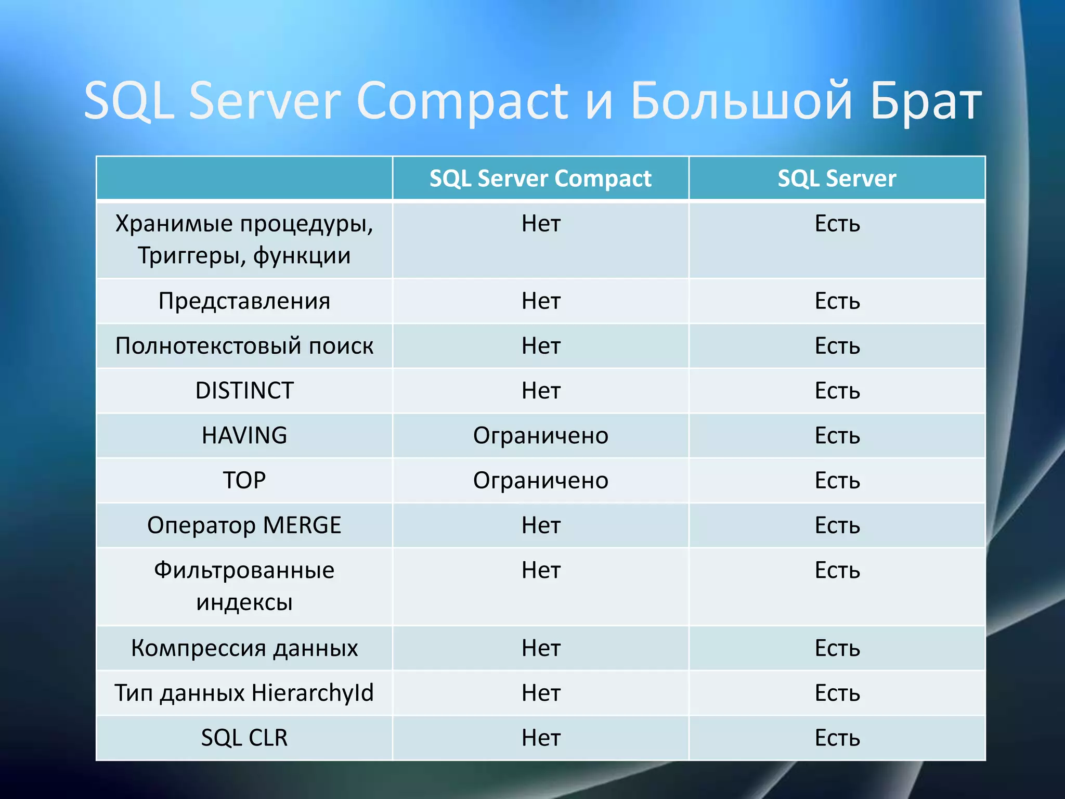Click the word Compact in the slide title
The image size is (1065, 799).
463,101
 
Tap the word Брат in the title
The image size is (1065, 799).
926,101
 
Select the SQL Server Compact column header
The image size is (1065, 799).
540,178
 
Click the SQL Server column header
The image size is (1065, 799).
837,178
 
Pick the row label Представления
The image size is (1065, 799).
244,301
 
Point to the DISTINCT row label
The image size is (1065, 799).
244,391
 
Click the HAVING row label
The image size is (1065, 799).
244,435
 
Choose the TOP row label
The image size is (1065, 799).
244,480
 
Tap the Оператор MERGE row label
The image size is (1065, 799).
244,525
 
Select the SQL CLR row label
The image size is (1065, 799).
244,738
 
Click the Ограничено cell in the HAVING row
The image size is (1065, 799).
540,435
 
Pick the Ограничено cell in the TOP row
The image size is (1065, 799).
540,480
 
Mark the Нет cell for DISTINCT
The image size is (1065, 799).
541,391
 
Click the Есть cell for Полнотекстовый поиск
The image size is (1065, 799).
837,346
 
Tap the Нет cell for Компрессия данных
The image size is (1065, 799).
541,648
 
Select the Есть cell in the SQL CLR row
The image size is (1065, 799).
837,738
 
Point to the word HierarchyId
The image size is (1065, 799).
313,693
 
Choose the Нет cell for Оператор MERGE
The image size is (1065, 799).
541,525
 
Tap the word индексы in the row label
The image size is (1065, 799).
244,602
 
